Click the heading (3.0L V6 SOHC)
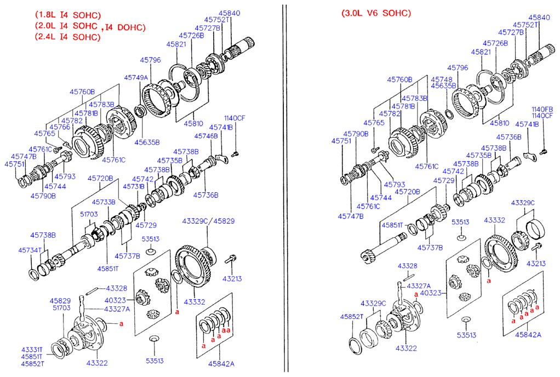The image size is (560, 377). point(375,13)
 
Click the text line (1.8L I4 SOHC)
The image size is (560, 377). point(67,15)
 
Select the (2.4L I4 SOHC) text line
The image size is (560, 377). point(67,37)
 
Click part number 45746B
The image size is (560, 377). point(206,135)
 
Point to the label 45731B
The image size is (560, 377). point(134,187)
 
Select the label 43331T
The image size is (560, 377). point(33,350)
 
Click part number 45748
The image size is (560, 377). point(442,79)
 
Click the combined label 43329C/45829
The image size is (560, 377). point(208,221)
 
